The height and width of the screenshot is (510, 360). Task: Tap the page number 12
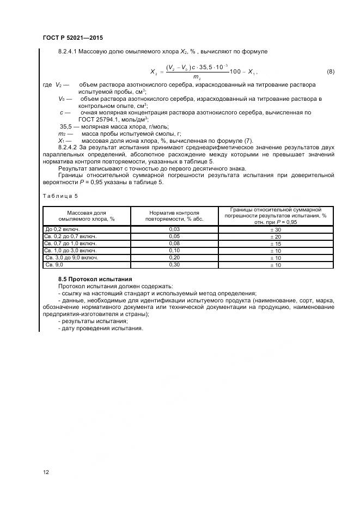click(45, 471)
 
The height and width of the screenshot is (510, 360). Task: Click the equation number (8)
click(330, 72)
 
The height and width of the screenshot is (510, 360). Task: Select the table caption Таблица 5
click(60, 196)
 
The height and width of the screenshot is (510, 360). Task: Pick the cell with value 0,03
click(174, 229)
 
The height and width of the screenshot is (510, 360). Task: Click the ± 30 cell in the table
click(276, 229)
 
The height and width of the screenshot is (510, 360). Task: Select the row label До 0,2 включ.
click(63, 229)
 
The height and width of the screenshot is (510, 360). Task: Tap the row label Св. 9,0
click(54, 265)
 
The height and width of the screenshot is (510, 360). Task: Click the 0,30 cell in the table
click(174, 265)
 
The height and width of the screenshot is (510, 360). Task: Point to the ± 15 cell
click(276, 244)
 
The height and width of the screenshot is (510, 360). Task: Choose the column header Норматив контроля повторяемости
click(174, 215)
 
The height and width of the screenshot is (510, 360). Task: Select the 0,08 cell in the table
click(174, 244)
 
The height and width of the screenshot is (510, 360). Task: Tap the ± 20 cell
click(276, 236)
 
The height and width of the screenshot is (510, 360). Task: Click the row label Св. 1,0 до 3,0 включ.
click(71, 251)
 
